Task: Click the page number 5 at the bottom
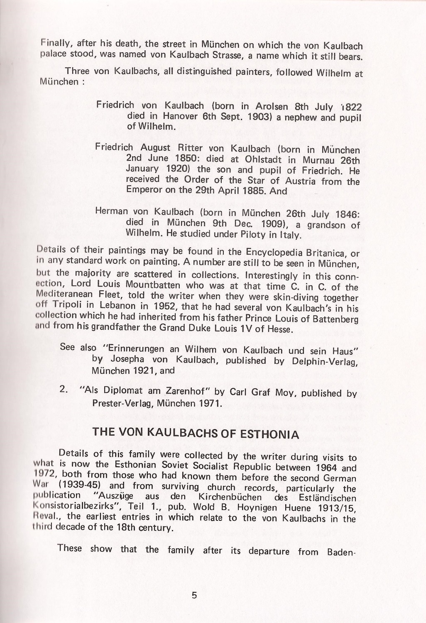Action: point(194,595)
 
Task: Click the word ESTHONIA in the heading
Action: point(270,435)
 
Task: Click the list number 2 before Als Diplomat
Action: point(64,390)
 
